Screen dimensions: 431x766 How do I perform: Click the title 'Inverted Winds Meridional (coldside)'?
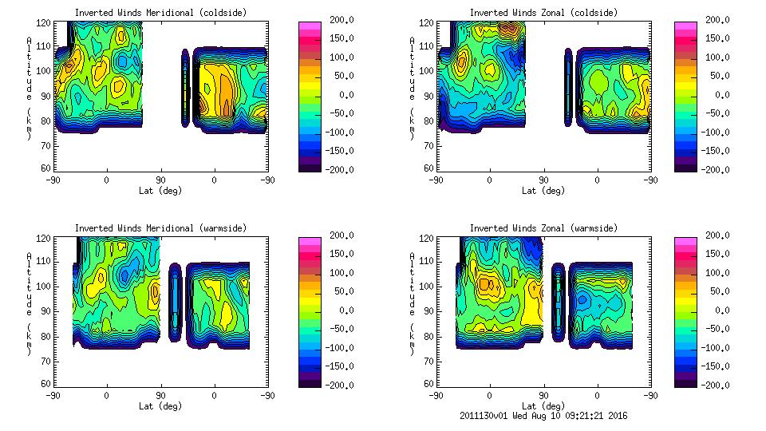click(x=160, y=13)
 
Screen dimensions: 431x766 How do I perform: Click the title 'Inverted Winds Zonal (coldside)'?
click(x=543, y=13)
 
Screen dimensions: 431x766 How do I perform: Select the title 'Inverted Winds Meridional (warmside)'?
click(x=160, y=228)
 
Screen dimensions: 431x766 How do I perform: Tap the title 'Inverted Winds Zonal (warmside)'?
click(x=543, y=228)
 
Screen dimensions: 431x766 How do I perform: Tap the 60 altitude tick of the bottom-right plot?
click(x=428, y=383)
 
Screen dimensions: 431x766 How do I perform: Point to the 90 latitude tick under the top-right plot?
click(x=543, y=180)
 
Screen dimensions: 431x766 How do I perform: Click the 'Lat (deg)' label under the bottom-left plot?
click(x=160, y=406)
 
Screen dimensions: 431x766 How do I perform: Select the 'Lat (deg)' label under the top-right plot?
click(x=543, y=191)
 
